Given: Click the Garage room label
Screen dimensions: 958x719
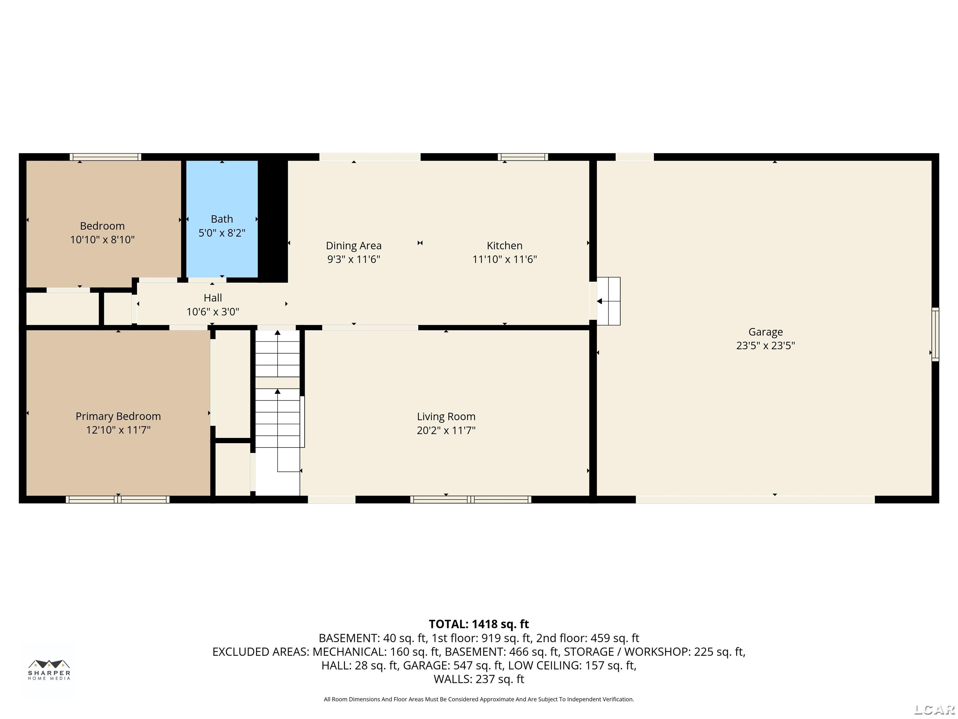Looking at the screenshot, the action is click(765, 332).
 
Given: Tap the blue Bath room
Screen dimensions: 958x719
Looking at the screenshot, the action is click(222, 219).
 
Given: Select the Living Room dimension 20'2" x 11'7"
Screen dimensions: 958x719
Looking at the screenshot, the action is click(446, 430).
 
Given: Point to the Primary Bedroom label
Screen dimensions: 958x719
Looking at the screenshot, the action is click(118, 417).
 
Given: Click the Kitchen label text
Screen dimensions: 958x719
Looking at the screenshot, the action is click(505, 246).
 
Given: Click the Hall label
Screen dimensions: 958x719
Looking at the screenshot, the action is click(213, 298).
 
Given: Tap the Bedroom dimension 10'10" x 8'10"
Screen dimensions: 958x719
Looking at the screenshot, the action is click(103, 240).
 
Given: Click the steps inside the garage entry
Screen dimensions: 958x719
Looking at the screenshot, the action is click(608, 301).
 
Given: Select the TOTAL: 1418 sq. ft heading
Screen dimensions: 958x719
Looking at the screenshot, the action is click(479, 624).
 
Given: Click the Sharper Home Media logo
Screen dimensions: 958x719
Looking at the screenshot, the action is click(49, 670).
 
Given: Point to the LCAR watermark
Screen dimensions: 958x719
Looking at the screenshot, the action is click(934, 709).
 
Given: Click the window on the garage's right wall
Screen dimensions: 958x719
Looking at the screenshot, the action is click(936, 334).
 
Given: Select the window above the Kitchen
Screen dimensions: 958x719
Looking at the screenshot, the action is click(523, 157).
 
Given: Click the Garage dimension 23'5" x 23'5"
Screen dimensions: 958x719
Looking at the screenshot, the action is click(765, 346).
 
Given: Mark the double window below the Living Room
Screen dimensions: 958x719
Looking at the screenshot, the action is click(471, 499).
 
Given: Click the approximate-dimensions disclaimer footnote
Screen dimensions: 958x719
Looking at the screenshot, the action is click(479, 699).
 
